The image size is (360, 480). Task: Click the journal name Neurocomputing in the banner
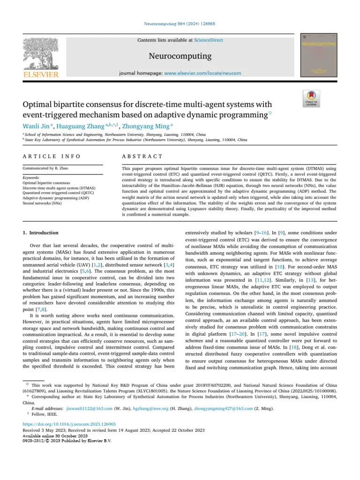coord(180,56)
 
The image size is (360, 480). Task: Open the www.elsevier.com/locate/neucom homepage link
coord(203,74)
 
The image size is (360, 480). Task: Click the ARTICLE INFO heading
coord(52,156)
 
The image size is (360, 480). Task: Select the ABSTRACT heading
coord(142,156)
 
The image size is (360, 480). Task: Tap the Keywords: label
coord(31,178)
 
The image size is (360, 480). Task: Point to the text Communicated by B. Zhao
coord(45,168)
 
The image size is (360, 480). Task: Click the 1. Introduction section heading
coord(41,233)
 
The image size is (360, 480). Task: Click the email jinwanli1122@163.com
coord(89,409)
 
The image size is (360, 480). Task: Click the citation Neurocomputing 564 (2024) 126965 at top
coord(180,24)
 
